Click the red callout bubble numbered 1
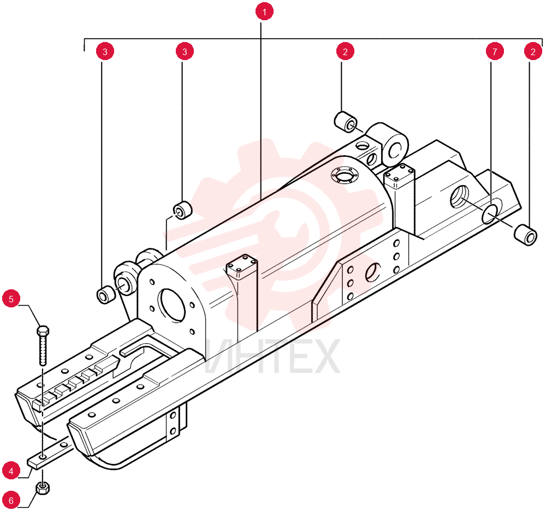click(264, 11)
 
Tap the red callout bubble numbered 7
click(495, 51)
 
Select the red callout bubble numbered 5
click(11, 299)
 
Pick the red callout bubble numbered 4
click(11, 471)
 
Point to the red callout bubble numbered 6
click(11, 501)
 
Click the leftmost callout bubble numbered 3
click(105, 51)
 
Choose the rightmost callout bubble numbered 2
click(533, 51)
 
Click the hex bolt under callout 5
click(43, 346)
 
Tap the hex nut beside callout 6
click(43, 488)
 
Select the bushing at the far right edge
click(525, 236)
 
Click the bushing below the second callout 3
click(183, 210)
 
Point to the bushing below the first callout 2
click(346, 122)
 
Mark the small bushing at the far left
click(105, 295)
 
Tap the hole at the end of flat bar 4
click(42, 456)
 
